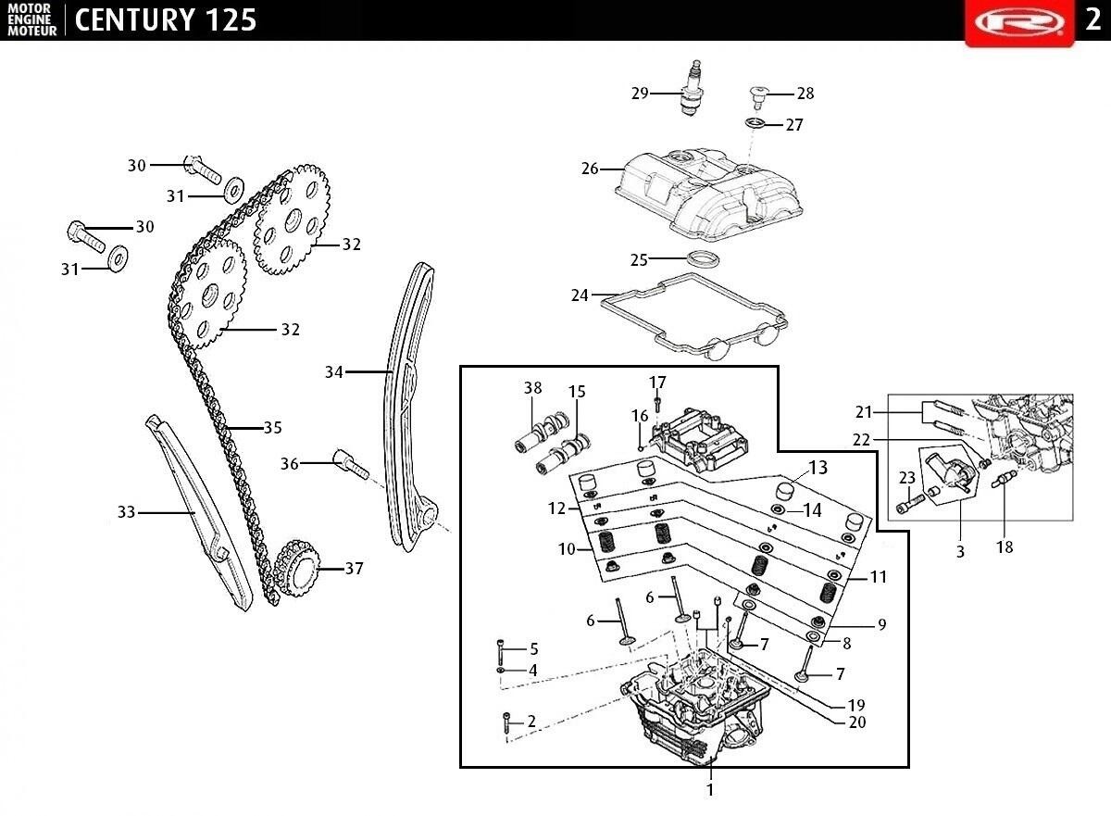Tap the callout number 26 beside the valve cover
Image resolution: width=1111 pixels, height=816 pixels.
click(591, 169)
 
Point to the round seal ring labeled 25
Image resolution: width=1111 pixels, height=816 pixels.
click(704, 258)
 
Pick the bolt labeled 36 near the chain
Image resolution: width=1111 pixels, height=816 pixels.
click(350, 463)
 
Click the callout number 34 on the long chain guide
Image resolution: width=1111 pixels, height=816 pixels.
click(334, 372)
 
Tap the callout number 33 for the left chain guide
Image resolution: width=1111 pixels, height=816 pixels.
click(127, 512)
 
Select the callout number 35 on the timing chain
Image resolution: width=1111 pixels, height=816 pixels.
click(272, 428)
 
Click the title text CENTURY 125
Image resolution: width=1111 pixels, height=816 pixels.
click(165, 19)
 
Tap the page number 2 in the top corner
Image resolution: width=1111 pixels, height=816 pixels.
click(1092, 19)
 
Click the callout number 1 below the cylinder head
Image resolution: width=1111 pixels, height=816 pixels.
click(710, 790)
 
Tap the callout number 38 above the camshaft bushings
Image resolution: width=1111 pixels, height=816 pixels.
click(532, 388)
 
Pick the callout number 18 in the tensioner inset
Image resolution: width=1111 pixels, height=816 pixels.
click(1005, 547)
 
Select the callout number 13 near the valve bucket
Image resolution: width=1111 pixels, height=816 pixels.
click(818, 467)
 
